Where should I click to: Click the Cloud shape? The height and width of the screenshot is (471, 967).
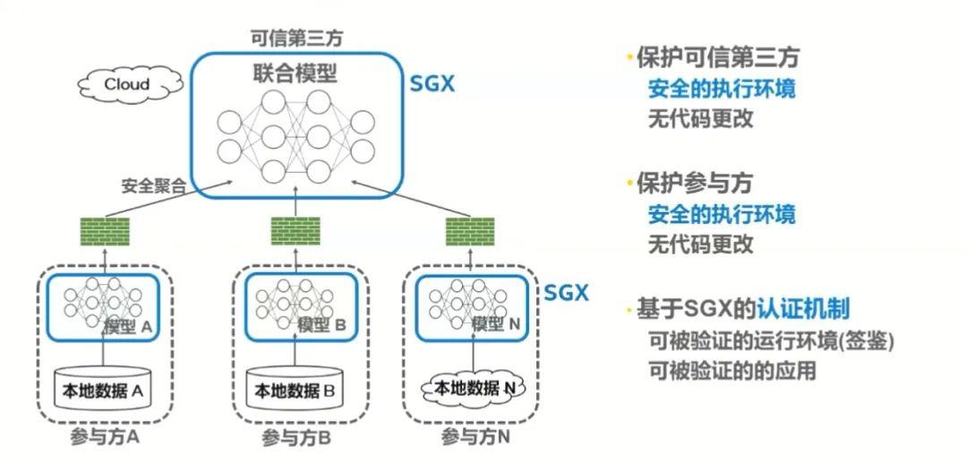point(130,84)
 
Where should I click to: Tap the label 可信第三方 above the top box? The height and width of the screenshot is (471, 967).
point(295,38)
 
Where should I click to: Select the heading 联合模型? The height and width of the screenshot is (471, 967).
point(295,74)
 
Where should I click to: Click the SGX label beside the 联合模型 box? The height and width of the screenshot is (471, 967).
point(432,84)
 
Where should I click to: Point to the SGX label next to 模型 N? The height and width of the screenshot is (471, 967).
point(566,292)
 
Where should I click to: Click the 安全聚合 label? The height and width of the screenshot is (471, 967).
point(154,185)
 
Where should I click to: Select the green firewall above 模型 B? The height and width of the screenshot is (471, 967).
point(295,231)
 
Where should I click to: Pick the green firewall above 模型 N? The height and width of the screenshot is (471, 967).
point(470,231)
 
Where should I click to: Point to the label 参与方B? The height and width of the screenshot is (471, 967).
point(296,439)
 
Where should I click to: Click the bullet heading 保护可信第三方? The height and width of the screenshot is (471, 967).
point(718,58)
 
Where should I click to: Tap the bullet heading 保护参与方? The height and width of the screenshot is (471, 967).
point(695,184)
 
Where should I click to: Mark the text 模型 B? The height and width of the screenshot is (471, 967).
point(322,325)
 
